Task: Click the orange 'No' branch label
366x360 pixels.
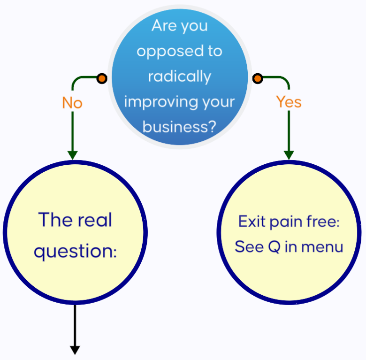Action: (x=72, y=103)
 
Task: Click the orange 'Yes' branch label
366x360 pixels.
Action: (x=289, y=101)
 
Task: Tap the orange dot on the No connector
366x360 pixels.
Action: (x=101, y=79)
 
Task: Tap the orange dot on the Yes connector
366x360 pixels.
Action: (x=257, y=79)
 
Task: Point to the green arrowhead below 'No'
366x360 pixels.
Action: (x=72, y=155)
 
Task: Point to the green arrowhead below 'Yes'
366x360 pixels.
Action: (x=289, y=155)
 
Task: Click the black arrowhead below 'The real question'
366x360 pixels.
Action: (x=75, y=350)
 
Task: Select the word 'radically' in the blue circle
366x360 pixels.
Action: (x=179, y=76)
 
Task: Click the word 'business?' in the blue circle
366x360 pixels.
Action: (x=179, y=127)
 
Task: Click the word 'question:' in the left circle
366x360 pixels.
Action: (x=75, y=251)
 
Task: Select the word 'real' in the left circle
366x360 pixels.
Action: (x=95, y=220)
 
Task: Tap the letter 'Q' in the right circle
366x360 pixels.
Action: (x=274, y=246)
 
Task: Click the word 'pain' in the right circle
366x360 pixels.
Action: (x=283, y=222)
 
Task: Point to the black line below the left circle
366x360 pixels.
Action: (x=75, y=324)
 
